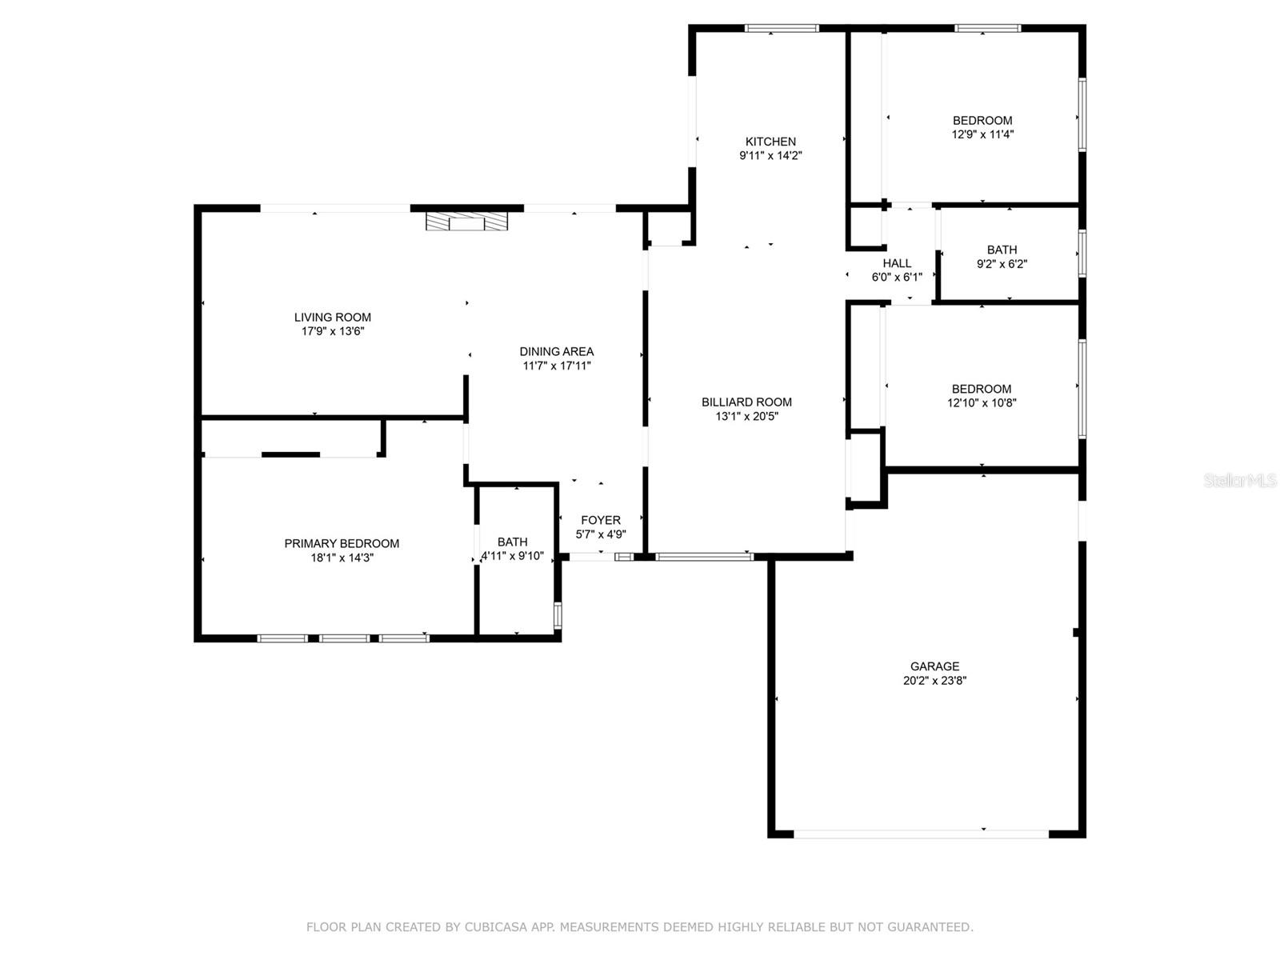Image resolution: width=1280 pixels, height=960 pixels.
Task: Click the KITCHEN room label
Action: click(770, 142)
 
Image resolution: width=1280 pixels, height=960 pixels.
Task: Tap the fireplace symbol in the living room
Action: click(466, 222)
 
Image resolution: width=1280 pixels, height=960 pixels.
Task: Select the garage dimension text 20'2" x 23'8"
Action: click(934, 681)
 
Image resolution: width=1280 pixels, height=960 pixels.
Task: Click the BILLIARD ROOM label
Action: click(746, 402)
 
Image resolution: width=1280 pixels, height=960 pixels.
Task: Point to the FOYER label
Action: click(600, 520)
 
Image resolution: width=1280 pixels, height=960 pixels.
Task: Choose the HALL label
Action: click(897, 263)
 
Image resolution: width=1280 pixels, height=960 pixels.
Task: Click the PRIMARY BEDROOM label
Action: click(342, 543)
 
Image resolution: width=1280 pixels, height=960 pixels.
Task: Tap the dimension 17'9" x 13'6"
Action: click(333, 331)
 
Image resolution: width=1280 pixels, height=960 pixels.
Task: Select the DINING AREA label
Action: click(556, 351)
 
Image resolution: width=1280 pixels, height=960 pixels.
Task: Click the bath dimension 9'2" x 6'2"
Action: click(1002, 264)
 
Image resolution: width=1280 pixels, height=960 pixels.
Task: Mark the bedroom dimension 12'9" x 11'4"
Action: click(982, 134)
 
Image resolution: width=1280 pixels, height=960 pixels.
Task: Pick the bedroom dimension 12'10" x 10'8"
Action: click(982, 403)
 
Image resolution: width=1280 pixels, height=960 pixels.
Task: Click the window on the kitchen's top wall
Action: click(782, 29)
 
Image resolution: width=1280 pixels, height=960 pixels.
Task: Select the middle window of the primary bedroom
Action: click(345, 638)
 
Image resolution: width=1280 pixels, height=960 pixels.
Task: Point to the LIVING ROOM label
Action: click(332, 317)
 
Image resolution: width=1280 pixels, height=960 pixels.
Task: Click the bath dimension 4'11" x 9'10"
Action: click(512, 556)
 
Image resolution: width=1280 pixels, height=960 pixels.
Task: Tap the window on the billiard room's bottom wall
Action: click(704, 556)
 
